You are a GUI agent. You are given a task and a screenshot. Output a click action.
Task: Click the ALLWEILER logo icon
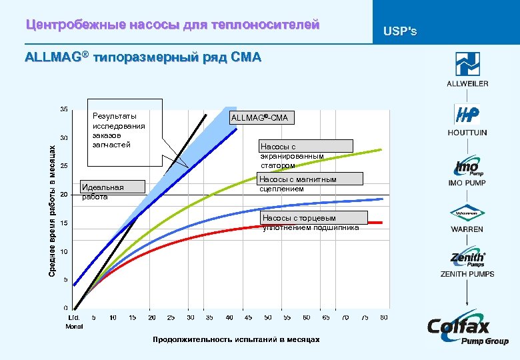click(x=467, y=64)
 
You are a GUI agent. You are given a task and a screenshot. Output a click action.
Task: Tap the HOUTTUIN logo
click(x=467, y=115)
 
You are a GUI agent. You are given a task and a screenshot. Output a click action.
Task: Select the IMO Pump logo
click(x=467, y=166)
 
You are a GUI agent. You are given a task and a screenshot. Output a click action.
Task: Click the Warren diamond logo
click(x=467, y=214)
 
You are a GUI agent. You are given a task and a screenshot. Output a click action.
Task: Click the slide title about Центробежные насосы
click(x=173, y=25)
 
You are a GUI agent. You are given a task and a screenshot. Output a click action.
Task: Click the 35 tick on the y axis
click(x=63, y=108)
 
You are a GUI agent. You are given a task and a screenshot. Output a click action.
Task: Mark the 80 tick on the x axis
click(x=383, y=317)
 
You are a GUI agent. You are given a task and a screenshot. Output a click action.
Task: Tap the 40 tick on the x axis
click(x=229, y=317)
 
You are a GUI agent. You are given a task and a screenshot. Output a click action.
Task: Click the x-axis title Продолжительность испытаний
click(x=236, y=340)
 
